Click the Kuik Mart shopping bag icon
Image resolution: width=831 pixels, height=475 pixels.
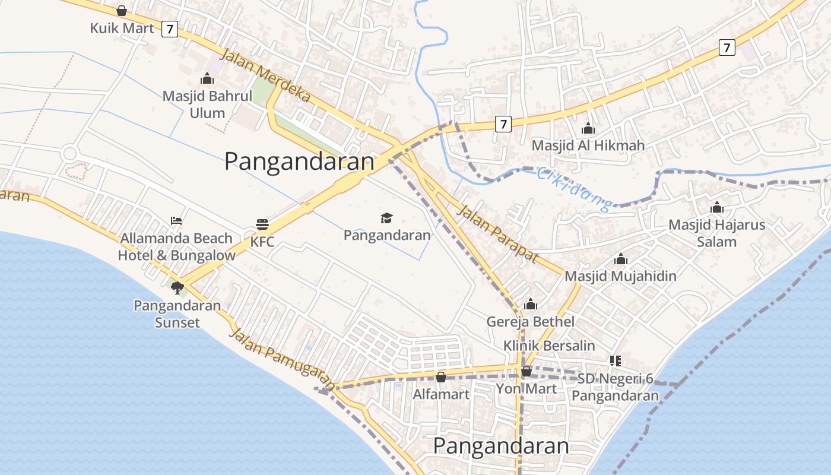coord(122,11)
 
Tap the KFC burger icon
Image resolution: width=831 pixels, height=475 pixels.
coord(262,224)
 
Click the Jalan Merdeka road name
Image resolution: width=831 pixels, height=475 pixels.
coord(265,76)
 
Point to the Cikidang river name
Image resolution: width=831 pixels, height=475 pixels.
coord(573,189)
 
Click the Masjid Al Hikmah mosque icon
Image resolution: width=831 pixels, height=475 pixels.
coord(588,128)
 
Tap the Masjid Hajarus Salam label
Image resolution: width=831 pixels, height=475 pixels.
coord(716,233)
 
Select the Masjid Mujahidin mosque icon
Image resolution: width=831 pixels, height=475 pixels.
coord(621,259)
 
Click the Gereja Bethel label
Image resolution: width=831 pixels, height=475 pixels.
coord(530,321)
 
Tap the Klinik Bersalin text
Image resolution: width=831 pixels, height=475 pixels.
coord(549,345)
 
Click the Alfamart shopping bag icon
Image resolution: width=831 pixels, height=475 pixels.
coord(440,376)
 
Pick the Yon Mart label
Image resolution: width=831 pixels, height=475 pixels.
coord(526,388)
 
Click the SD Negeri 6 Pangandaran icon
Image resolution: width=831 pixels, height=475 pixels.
coord(615,360)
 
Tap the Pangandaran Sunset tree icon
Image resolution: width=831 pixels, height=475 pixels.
coord(177,288)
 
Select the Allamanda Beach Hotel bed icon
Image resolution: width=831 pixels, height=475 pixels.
coord(176,220)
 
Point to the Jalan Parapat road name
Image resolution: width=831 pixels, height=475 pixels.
coord(497,233)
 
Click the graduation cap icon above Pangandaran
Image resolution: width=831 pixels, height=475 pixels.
coord(387,218)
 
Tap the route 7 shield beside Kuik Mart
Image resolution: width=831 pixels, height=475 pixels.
coord(170,28)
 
